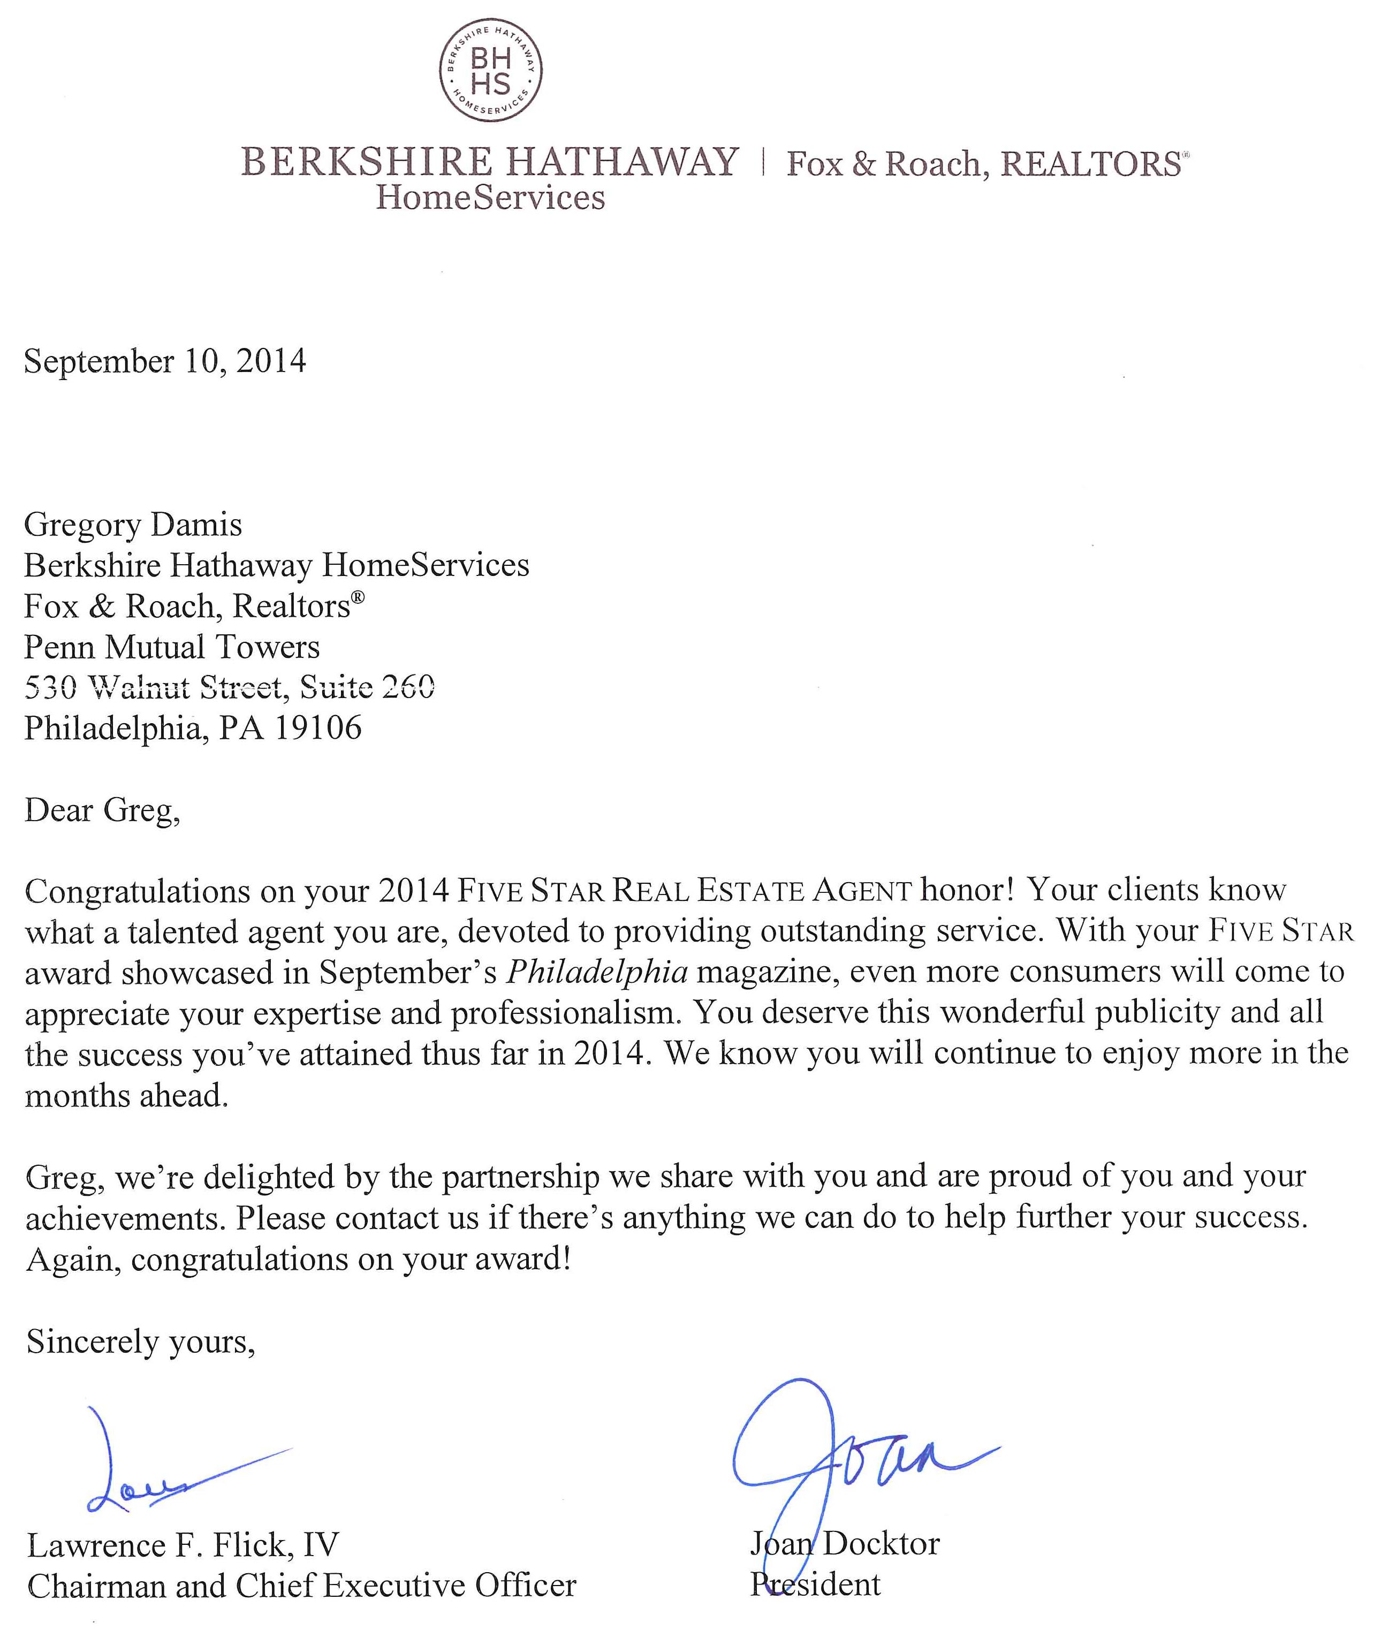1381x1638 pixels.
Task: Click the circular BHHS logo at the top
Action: point(490,71)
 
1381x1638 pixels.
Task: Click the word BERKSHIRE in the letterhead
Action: point(366,162)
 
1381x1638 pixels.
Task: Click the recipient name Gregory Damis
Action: point(133,525)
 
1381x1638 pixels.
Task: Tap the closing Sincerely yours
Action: point(141,1341)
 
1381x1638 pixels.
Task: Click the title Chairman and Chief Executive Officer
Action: point(301,1586)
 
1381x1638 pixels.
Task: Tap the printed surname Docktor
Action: point(881,1543)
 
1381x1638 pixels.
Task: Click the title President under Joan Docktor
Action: point(816,1584)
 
